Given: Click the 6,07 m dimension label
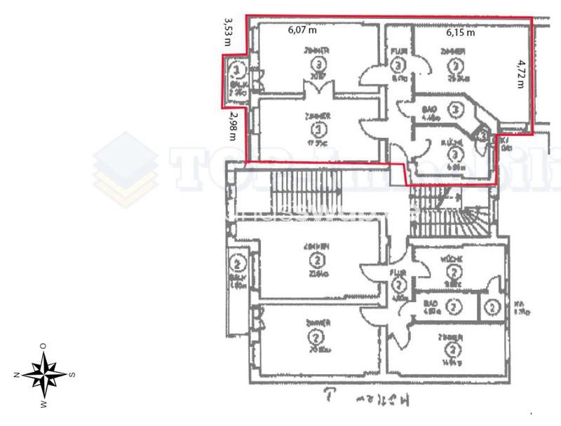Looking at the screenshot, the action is [x=304, y=30].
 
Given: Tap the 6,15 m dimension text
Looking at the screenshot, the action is [x=461, y=32].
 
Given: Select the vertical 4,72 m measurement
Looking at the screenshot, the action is [x=520, y=74].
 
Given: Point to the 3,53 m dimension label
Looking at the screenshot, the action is [x=227, y=33].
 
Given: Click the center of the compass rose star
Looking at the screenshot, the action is [x=45, y=374].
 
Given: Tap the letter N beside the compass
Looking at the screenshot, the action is [x=15, y=375].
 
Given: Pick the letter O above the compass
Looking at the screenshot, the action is [x=43, y=345].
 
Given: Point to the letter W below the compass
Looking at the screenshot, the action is [x=44, y=404].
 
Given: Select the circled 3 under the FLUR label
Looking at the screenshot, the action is [x=398, y=66].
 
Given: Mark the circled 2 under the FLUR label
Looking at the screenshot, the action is [x=398, y=285].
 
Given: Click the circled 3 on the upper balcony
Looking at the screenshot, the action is [x=238, y=71].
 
